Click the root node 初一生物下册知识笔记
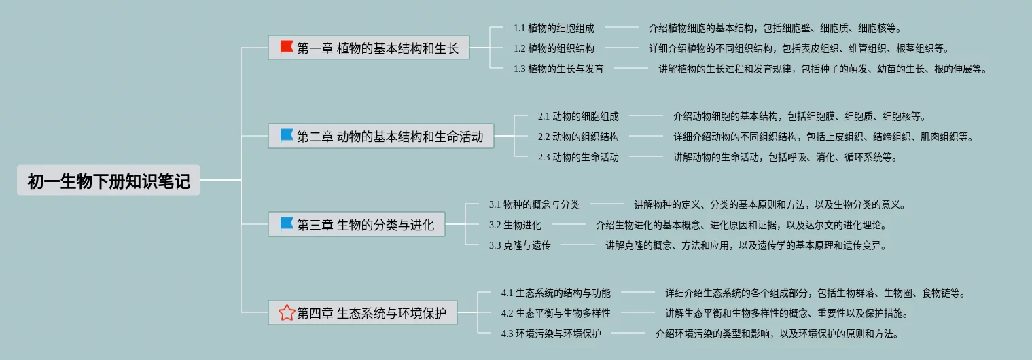pyautogui.click(x=109, y=181)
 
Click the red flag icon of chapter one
pyautogui.click(x=287, y=48)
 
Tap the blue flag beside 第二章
pyautogui.click(x=287, y=136)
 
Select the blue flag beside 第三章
pyautogui.click(x=287, y=223)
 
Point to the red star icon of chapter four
pyautogui.click(x=287, y=312)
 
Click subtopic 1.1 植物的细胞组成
pyautogui.click(x=554, y=29)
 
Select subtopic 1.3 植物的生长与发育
pyautogui.click(x=558, y=69)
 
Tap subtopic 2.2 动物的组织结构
pyautogui.click(x=578, y=137)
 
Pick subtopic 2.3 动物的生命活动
pyautogui.click(x=578, y=157)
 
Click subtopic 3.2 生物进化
pyautogui.click(x=515, y=225)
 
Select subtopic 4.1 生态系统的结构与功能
pyautogui.click(x=556, y=293)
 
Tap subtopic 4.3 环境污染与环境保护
pyautogui.click(x=551, y=334)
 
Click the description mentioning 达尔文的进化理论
pyautogui.click(x=741, y=225)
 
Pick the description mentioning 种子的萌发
pyautogui.click(x=822, y=69)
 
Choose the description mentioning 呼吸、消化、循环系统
pyautogui.click(x=785, y=157)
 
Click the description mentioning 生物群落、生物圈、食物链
pyautogui.click(x=815, y=293)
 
